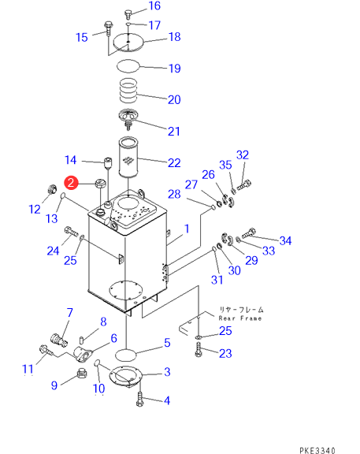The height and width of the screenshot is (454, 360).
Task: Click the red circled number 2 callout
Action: tap(71, 183)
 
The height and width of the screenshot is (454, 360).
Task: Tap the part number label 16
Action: tap(154, 6)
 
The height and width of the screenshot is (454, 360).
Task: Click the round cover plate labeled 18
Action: tap(128, 43)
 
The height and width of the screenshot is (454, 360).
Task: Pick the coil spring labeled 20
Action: tap(128, 91)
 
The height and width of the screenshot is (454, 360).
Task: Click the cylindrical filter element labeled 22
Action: tap(128, 157)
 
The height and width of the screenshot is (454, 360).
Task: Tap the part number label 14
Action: tap(70, 160)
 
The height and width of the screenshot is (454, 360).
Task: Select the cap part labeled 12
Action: tap(51, 189)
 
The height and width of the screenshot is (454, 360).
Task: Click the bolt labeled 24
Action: tap(72, 232)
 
